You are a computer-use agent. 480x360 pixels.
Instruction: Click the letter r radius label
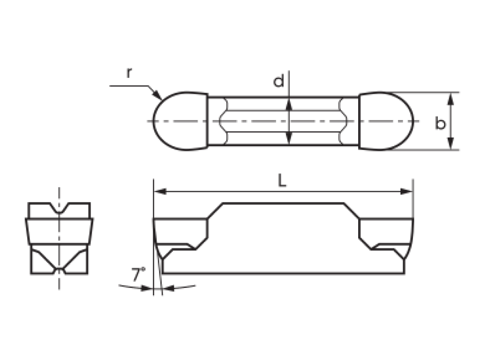[x=129, y=73]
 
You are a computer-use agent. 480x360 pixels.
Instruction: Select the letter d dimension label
[x=278, y=81]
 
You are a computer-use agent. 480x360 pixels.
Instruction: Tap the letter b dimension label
[x=440, y=123]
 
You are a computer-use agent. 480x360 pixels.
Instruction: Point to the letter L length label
[x=282, y=181]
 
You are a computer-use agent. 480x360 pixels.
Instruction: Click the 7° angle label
[x=138, y=274]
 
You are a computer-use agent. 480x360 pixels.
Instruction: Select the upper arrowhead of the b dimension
[x=450, y=98]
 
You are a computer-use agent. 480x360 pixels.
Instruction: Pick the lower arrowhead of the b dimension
[x=450, y=143]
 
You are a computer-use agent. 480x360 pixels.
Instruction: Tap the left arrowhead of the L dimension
[x=160, y=192]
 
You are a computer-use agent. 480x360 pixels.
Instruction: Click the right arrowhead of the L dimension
[x=406, y=192]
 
